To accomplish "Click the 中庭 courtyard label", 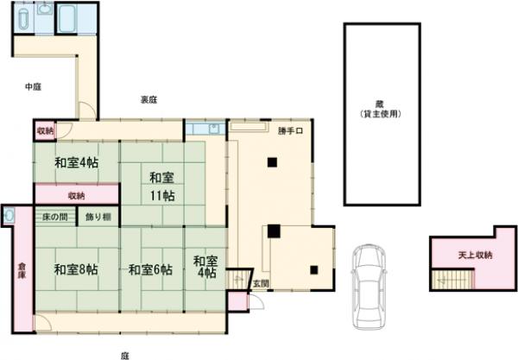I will click(x=33, y=86).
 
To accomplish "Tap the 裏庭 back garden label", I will click(x=148, y=100).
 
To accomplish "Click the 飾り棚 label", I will click(x=98, y=217).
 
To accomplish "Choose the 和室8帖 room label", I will click(x=76, y=269).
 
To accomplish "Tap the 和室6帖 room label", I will click(x=150, y=269).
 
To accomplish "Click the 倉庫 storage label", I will click(x=22, y=268).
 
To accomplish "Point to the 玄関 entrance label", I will click(x=260, y=283).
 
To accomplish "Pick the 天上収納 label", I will click(x=474, y=256).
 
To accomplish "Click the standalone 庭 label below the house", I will click(x=124, y=353).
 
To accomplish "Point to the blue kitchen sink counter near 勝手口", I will click(x=205, y=130).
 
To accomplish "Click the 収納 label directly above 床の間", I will click(x=76, y=196).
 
